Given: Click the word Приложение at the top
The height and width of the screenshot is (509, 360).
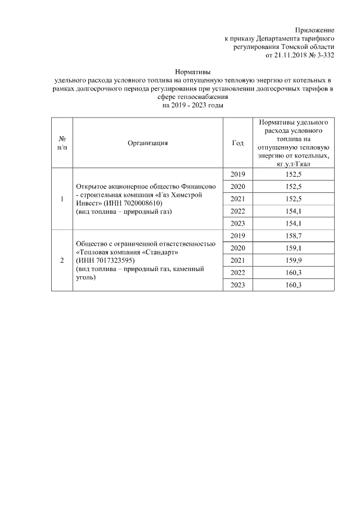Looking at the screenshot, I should pyautogui.click(x=315, y=29).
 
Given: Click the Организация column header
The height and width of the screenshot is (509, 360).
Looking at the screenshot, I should pyautogui.click(x=148, y=143).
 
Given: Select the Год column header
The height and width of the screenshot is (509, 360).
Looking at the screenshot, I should pyautogui.click(x=238, y=143).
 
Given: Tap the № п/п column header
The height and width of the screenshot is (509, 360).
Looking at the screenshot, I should pyautogui.click(x=62, y=143).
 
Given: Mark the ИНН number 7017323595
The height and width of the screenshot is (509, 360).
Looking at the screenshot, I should pyautogui.click(x=116, y=260).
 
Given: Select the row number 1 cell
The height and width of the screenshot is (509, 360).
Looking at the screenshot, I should pyautogui.click(x=62, y=199).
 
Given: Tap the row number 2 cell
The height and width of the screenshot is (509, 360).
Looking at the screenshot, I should pyautogui.click(x=62, y=260).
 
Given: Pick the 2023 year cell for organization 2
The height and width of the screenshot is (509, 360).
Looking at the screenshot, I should pyautogui.click(x=238, y=285).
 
